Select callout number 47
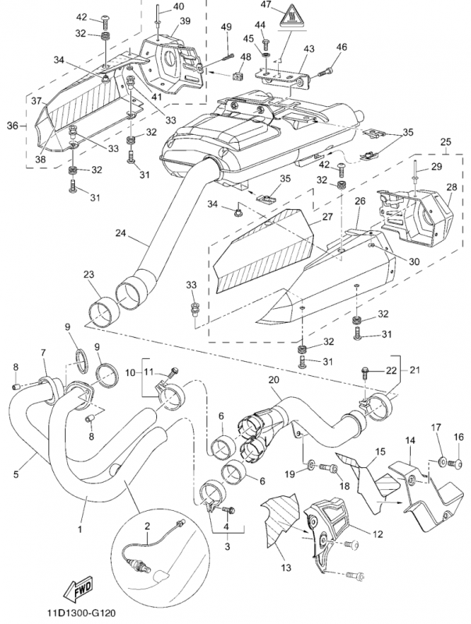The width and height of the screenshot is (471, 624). [266, 5]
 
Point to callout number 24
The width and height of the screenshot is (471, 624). [120, 232]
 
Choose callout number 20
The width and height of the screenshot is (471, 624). [274, 380]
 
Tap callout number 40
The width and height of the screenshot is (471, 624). [178, 6]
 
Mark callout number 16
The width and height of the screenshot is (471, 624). [459, 437]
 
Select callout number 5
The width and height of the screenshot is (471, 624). [16, 473]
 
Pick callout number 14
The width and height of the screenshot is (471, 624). [409, 441]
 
